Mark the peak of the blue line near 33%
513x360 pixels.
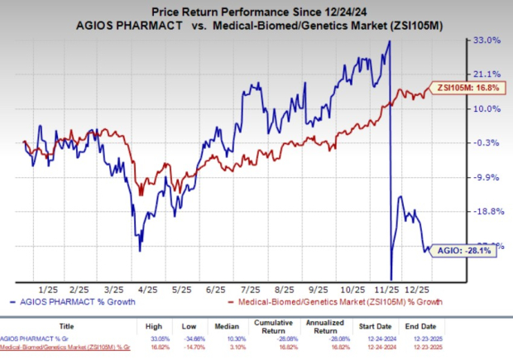tap(388, 42)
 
